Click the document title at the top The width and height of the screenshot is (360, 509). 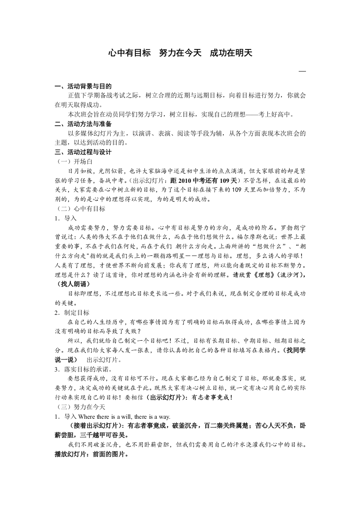(x=180, y=53)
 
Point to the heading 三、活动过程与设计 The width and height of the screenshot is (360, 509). (x=83, y=152)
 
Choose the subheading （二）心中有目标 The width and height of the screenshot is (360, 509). (x=80, y=209)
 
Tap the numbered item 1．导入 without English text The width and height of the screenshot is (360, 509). (x=66, y=218)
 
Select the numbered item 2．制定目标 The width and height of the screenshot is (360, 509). (x=72, y=313)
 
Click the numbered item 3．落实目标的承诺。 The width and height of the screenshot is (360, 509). (x=82, y=369)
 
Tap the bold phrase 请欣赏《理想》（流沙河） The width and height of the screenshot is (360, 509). (x=269, y=275)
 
